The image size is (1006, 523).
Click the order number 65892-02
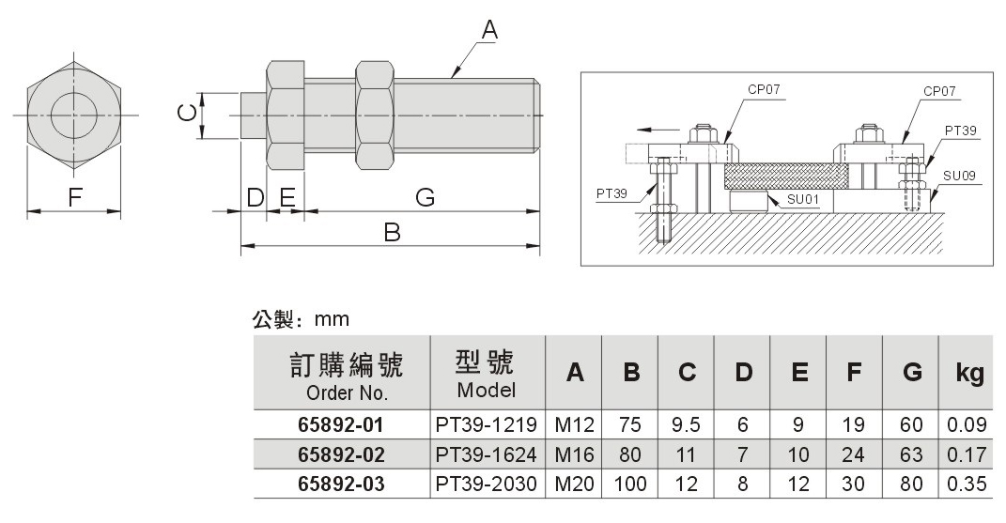click(x=341, y=454)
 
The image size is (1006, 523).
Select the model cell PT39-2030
click(x=486, y=484)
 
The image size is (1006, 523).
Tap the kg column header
click(x=969, y=373)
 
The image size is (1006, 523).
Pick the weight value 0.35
click(x=967, y=484)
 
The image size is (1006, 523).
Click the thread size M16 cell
click(x=574, y=454)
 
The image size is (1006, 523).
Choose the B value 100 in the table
click(x=630, y=484)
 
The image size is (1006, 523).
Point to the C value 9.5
click(x=686, y=424)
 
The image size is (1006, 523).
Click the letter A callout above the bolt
click(x=489, y=30)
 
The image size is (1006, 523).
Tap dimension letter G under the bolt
click(x=426, y=197)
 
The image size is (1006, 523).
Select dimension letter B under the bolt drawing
click(x=392, y=232)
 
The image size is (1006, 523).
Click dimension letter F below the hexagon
click(x=75, y=197)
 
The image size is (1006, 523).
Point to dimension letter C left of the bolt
click(x=187, y=114)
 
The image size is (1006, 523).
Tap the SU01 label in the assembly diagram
click(x=802, y=199)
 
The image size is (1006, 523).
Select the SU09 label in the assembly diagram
click(x=959, y=176)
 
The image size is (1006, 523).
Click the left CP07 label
click(x=764, y=89)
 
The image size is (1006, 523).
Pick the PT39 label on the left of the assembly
click(x=611, y=193)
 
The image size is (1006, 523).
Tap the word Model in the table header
click(x=487, y=390)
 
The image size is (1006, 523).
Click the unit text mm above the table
click(x=332, y=319)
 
